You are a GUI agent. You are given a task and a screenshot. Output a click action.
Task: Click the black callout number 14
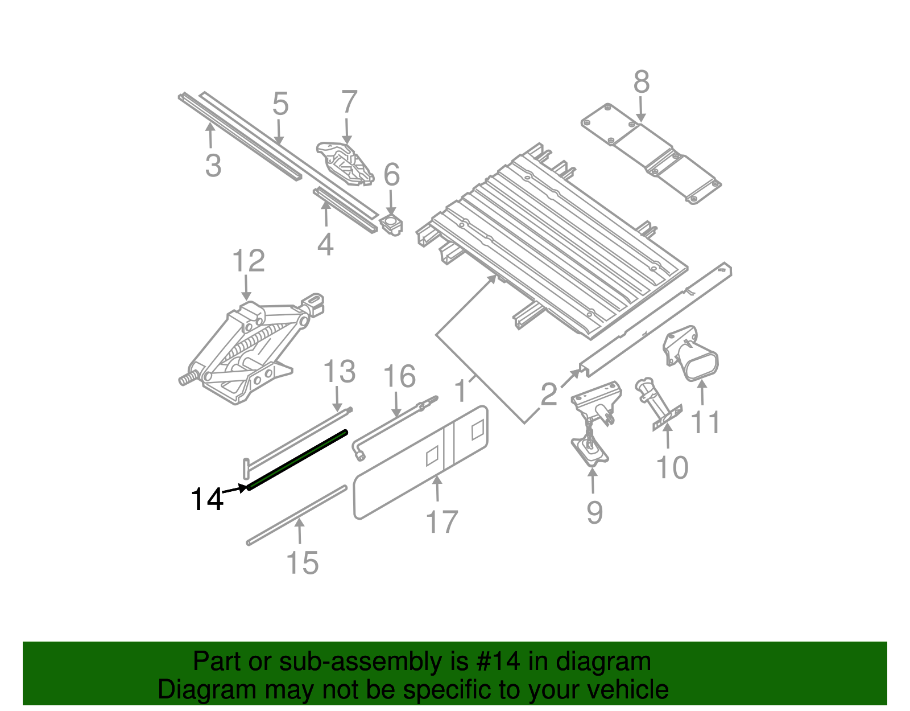tap(206, 500)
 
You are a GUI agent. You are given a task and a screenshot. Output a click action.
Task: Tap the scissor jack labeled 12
tap(245, 353)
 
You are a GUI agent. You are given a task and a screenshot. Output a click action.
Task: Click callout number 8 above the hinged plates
tap(641, 83)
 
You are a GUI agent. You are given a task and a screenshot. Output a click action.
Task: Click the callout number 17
tap(442, 523)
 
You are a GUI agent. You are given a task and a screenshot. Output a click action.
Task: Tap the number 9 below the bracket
tap(594, 512)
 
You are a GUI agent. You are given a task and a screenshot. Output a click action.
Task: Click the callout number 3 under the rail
tap(213, 166)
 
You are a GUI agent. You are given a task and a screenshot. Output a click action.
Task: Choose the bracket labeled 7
tap(345, 163)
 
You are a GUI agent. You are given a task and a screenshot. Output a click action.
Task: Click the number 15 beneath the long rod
tap(302, 563)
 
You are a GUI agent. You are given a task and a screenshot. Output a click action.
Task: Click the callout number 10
tap(672, 468)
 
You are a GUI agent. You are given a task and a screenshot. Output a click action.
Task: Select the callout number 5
tap(280, 104)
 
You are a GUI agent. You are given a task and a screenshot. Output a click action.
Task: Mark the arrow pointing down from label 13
tap(337, 399)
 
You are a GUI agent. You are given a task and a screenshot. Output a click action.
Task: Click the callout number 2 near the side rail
tap(548, 394)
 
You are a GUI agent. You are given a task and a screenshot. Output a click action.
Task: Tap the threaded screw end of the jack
tap(187, 379)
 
